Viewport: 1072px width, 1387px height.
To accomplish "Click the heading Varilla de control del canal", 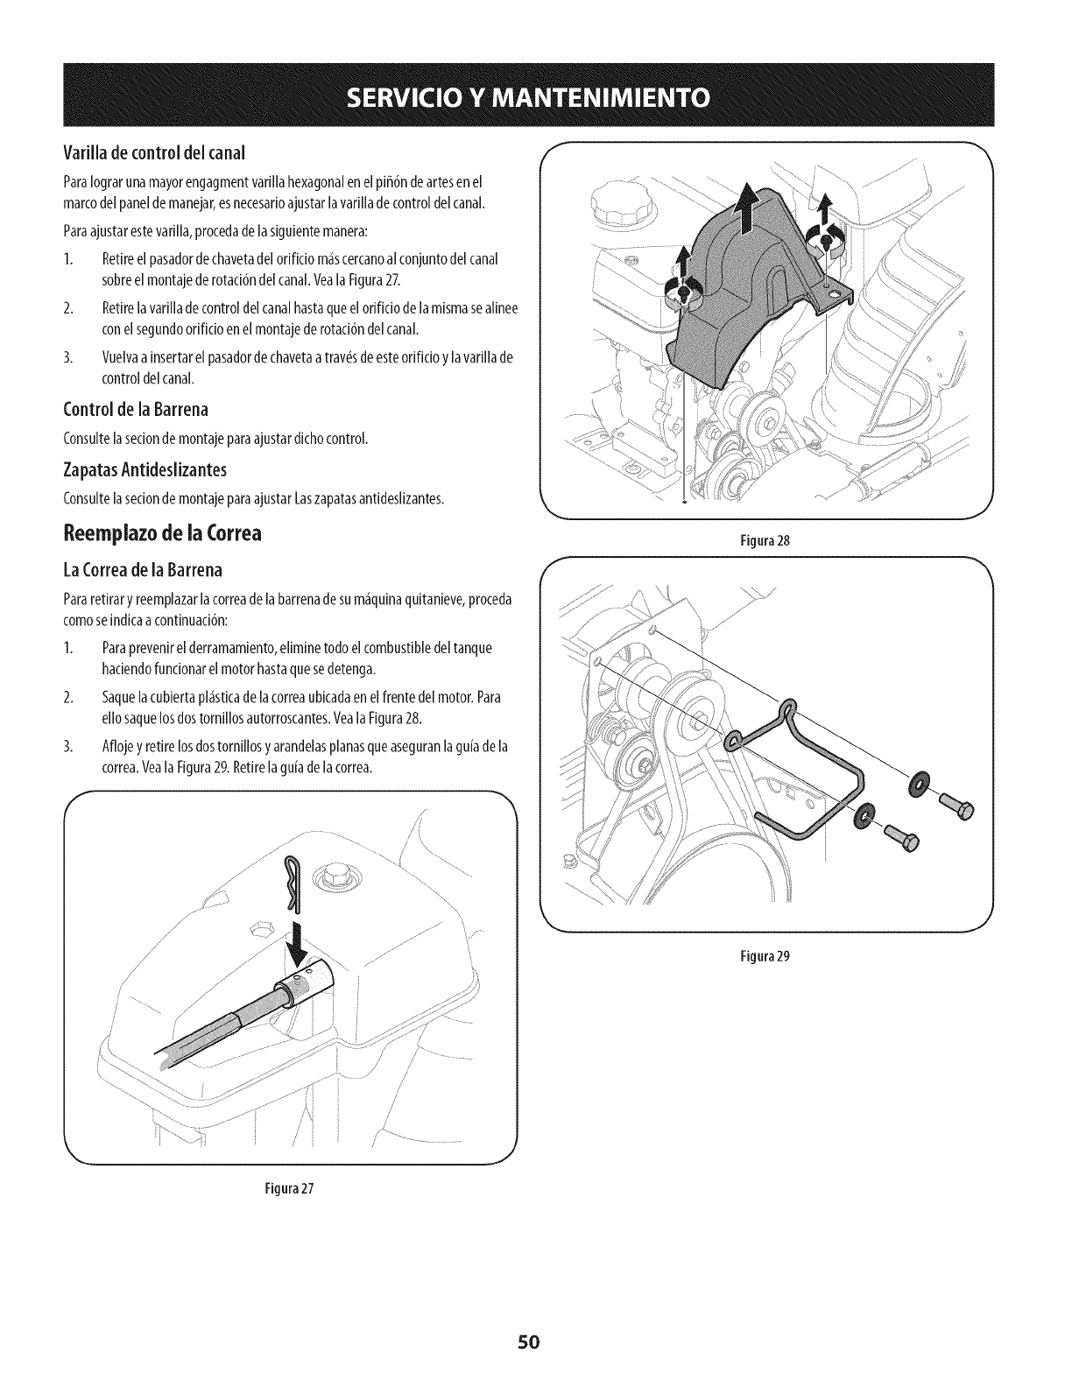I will [x=154, y=151].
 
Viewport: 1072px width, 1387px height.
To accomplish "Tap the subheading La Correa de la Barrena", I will [x=143, y=571].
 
